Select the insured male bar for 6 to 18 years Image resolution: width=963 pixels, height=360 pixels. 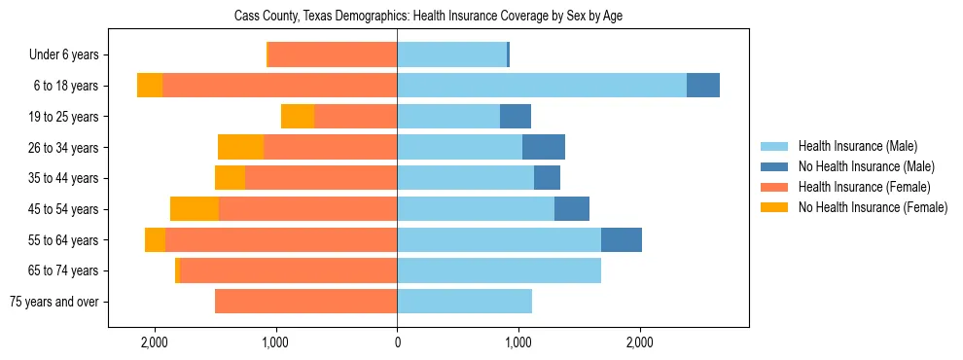pos(541,86)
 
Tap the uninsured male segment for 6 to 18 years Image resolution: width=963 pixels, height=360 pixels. pos(703,86)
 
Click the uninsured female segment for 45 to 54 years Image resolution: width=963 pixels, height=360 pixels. pos(195,209)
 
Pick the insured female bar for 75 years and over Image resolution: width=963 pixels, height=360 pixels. pos(305,302)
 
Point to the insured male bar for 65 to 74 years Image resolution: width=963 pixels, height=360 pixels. pos(499,270)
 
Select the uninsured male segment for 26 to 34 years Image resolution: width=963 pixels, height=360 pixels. pos(544,148)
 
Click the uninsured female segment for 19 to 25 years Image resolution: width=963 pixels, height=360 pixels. pos(298,117)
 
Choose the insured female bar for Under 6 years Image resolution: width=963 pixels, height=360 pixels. pos(333,55)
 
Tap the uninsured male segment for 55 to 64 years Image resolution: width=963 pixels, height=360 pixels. pos(622,240)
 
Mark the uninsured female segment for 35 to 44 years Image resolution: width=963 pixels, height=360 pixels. pos(230,178)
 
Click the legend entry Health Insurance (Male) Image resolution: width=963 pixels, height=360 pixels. pos(857,147)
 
